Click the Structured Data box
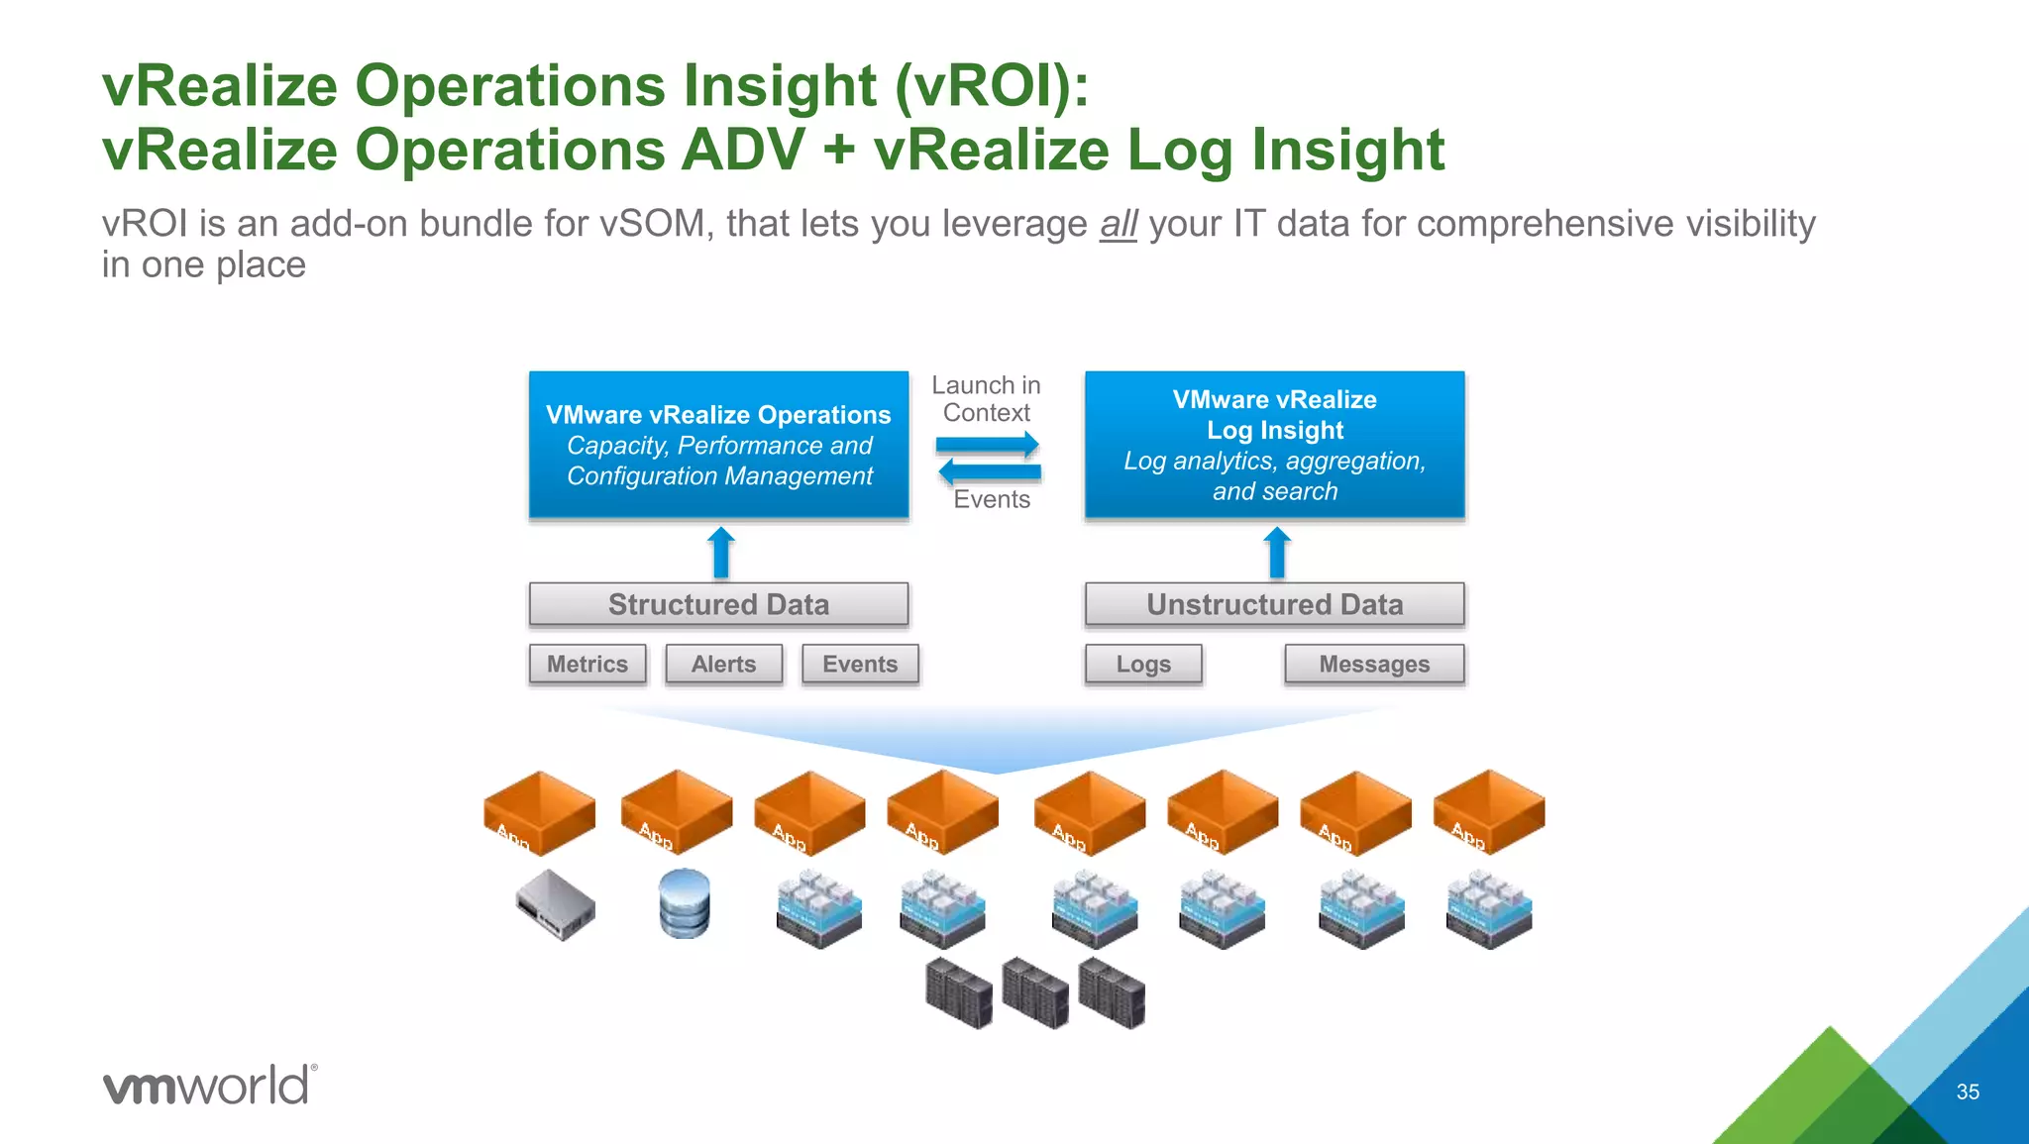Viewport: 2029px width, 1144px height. (718, 604)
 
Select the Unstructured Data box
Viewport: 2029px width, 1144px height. (1274, 604)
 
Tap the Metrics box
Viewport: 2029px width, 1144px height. (587, 664)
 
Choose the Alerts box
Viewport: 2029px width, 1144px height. (723, 664)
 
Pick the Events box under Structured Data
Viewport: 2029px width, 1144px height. (860, 664)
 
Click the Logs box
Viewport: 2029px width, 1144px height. (1143, 664)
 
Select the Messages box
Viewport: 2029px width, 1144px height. (1374, 664)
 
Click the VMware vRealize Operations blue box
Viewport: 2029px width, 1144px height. (718, 445)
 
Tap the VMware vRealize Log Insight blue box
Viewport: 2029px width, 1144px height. (1274, 445)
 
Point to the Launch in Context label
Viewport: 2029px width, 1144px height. (986, 398)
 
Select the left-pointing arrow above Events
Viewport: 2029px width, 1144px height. (990, 471)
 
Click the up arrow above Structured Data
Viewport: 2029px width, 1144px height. (721, 553)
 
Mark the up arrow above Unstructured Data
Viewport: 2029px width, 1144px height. (1277, 553)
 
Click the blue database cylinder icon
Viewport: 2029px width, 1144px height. (685, 903)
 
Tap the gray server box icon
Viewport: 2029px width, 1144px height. (556, 904)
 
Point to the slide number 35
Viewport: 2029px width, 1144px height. (1968, 1092)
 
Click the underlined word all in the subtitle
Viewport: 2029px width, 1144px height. (1119, 224)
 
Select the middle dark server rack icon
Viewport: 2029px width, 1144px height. (1035, 992)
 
